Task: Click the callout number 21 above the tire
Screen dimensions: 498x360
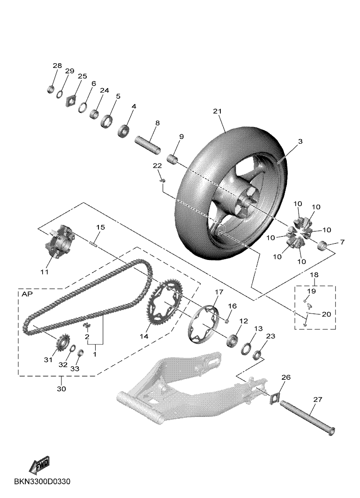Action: pos(216,111)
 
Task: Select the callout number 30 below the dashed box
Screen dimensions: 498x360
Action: pos(61,389)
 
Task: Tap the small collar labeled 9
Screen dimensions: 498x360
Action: pos(173,160)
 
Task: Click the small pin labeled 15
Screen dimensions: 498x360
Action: pos(94,242)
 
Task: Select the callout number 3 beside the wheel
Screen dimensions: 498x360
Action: pos(300,141)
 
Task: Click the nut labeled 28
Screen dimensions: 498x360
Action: pos(52,89)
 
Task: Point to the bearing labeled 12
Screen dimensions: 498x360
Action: pos(232,340)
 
